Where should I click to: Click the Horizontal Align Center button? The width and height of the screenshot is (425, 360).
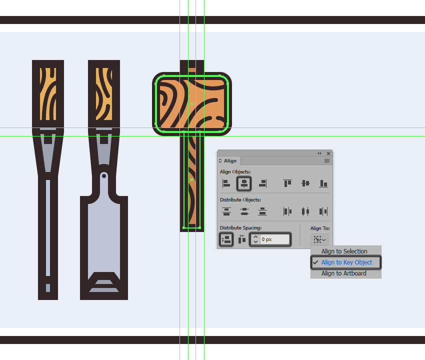244,183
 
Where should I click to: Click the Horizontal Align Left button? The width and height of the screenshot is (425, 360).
226,183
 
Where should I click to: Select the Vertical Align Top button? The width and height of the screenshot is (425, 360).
287,183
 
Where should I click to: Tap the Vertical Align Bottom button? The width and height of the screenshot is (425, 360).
323,183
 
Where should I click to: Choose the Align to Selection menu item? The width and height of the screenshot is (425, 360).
344,251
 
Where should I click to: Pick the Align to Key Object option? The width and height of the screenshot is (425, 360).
346,262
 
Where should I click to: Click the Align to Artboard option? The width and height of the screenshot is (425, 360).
343,273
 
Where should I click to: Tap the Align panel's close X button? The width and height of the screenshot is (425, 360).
328,153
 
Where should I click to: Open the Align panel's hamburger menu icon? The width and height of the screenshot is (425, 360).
327,161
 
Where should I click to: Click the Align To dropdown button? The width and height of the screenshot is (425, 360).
319,239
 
